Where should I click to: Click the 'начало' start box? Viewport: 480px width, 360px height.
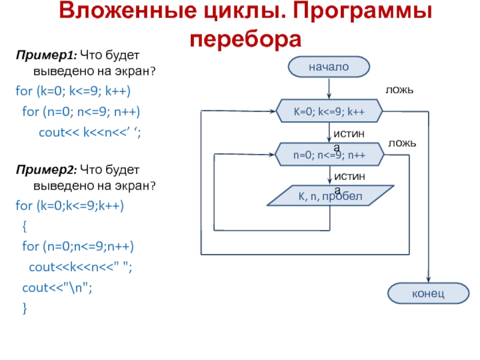coord(329,67)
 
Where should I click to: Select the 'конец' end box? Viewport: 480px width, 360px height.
coord(428,294)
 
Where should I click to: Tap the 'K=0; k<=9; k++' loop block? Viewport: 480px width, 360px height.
coord(329,112)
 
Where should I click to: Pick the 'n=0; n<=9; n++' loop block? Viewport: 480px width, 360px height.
coord(329,154)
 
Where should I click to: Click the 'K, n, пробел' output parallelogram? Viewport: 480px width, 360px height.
coord(329,196)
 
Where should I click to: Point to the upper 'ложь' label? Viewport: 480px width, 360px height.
coord(400,89)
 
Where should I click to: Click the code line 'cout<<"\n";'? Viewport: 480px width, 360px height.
coord(57,287)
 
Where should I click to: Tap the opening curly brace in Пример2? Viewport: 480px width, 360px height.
coord(24,226)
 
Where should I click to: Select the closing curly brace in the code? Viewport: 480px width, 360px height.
coord(24,308)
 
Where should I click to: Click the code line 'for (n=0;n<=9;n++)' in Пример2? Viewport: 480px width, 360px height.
coord(78,247)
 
